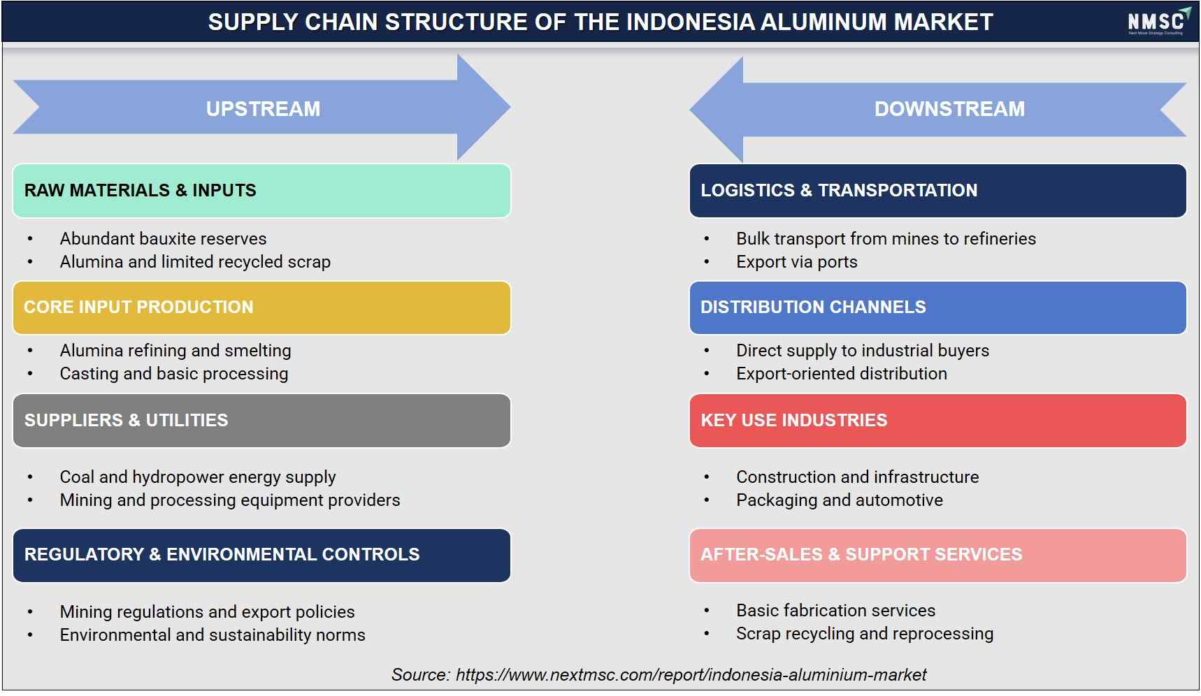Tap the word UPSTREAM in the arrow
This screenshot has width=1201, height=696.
pyautogui.click(x=263, y=109)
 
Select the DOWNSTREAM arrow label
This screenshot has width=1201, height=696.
pyautogui.click(x=949, y=109)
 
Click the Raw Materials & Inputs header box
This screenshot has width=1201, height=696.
pyautogui.click(x=261, y=191)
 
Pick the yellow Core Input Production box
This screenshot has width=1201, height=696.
pyautogui.click(x=261, y=307)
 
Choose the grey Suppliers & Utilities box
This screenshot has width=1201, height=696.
pyautogui.click(x=261, y=421)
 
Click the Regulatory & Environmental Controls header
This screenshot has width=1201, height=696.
pyautogui.click(x=261, y=555)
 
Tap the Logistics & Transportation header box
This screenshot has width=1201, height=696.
pyautogui.click(x=937, y=191)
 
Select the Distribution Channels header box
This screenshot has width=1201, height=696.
pyautogui.click(x=937, y=307)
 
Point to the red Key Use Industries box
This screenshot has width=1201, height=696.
pyautogui.click(x=937, y=421)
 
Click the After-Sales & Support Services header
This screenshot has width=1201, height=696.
pyautogui.click(x=937, y=555)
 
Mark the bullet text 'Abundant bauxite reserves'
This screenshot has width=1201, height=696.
pyautogui.click(x=163, y=239)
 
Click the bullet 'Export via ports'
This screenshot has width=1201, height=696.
pyautogui.click(x=796, y=262)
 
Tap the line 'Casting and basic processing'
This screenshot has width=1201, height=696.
pyautogui.click(x=174, y=374)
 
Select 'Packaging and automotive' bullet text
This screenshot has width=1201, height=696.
pyautogui.click(x=840, y=500)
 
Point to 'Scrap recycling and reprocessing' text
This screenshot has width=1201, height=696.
pyautogui.click(x=865, y=634)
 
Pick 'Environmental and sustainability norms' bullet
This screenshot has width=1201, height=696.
pyautogui.click(x=213, y=635)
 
